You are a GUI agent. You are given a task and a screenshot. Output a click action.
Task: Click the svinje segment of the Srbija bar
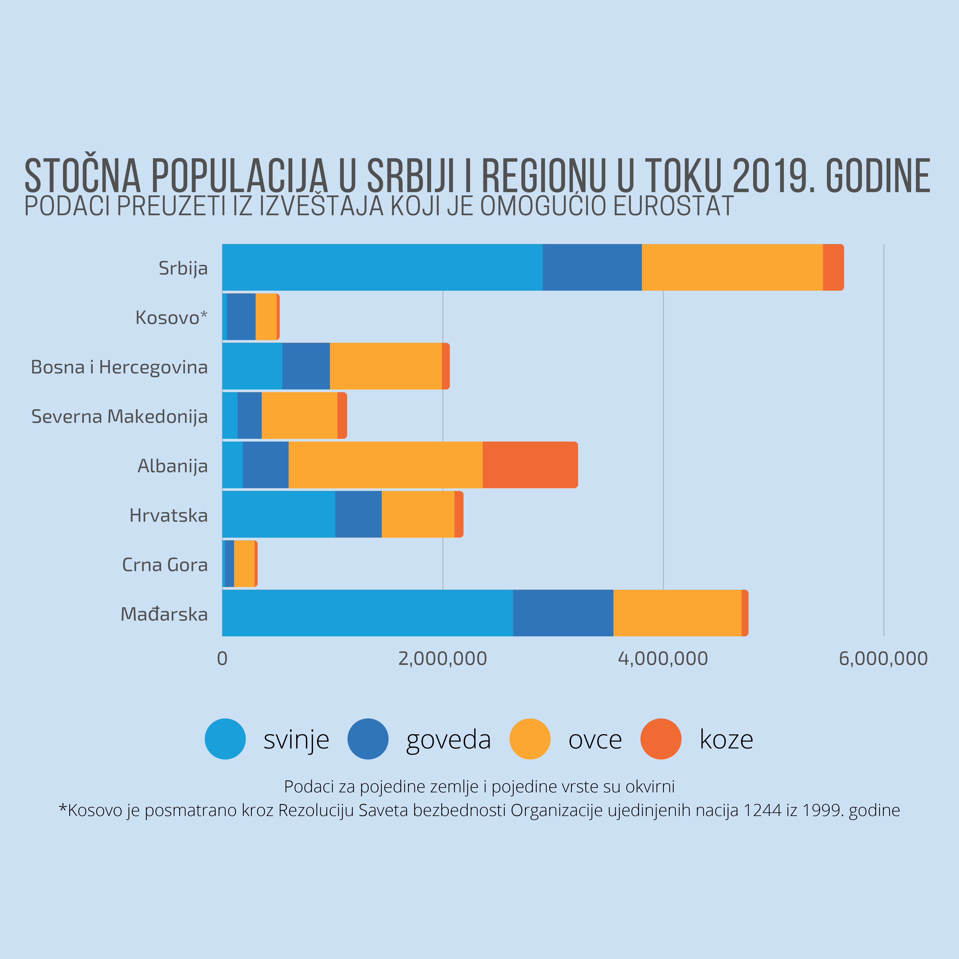point(382,267)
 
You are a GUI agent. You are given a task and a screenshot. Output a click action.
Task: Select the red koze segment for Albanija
point(530,465)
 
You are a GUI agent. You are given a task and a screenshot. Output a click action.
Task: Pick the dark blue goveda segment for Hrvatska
point(358,514)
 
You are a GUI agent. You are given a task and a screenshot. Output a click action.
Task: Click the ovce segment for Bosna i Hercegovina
point(386,366)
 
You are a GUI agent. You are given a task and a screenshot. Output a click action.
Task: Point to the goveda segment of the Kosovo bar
point(241,317)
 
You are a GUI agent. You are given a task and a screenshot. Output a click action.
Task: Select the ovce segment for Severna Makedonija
point(299,416)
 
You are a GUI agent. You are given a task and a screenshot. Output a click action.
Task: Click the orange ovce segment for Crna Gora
point(244,563)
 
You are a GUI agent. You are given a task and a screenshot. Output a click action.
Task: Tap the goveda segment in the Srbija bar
point(592,267)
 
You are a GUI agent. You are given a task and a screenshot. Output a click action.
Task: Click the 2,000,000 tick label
point(442,659)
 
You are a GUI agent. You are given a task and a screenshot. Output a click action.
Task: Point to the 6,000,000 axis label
point(883,659)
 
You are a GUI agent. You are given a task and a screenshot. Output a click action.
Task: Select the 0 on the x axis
point(222,659)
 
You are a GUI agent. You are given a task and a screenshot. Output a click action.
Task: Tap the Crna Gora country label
point(165,565)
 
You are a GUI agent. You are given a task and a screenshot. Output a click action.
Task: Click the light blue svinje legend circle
point(225,739)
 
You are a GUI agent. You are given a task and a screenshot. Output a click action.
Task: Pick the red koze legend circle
point(661,739)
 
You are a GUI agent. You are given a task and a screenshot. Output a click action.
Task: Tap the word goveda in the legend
point(448,739)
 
